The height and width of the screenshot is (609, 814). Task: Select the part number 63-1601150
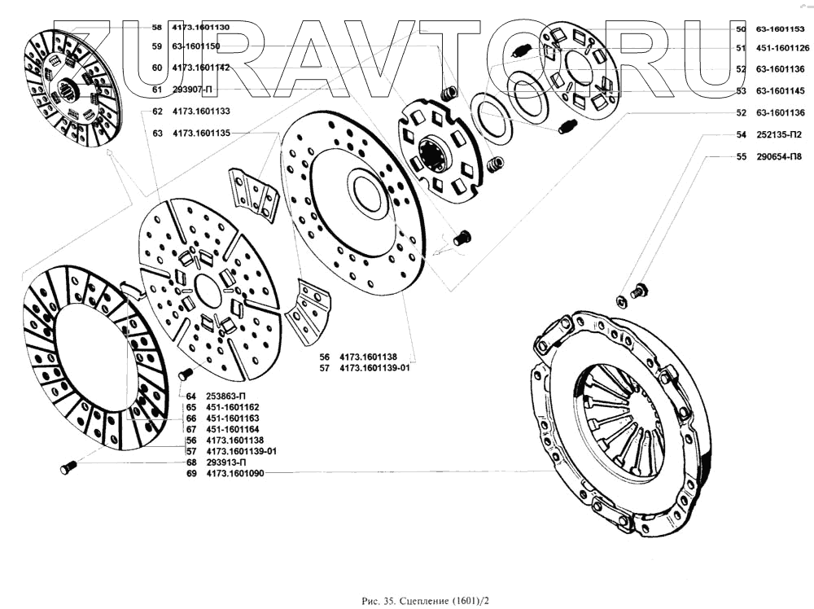(x=196, y=46)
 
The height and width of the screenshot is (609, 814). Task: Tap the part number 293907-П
(x=193, y=89)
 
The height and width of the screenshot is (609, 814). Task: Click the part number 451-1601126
(x=781, y=48)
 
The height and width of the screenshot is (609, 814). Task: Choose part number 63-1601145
(x=781, y=90)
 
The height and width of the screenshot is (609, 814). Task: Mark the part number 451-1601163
(x=233, y=418)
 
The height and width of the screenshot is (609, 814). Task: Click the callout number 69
(x=191, y=473)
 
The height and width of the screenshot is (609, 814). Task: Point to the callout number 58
(x=157, y=27)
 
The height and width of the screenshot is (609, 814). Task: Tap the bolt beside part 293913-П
(x=68, y=467)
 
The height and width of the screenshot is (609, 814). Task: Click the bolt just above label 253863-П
(x=184, y=374)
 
